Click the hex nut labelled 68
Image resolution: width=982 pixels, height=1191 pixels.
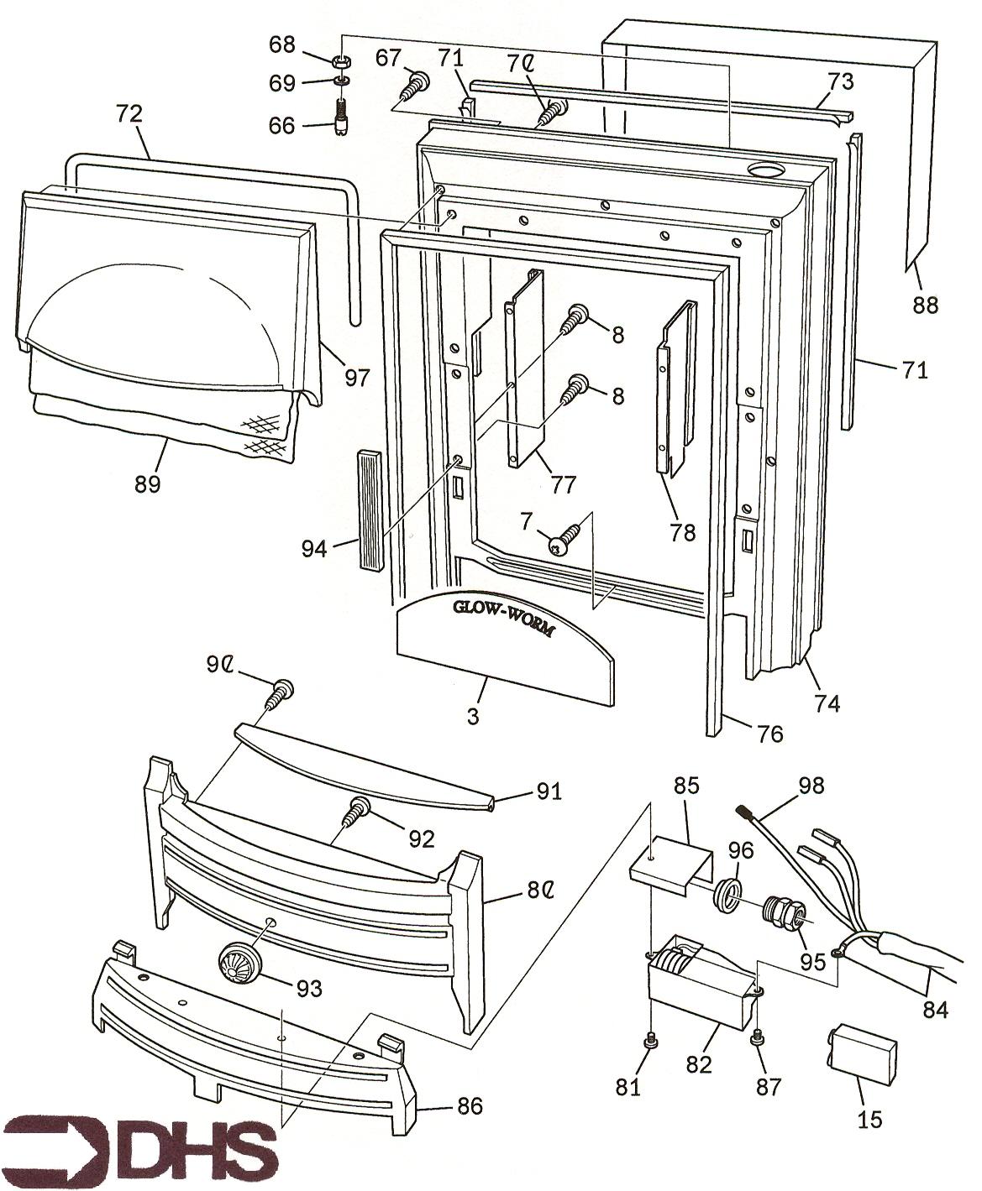(x=341, y=61)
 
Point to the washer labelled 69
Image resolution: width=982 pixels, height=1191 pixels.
(x=341, y=81)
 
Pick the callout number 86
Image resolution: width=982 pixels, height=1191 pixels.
(x=469, y=1107)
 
